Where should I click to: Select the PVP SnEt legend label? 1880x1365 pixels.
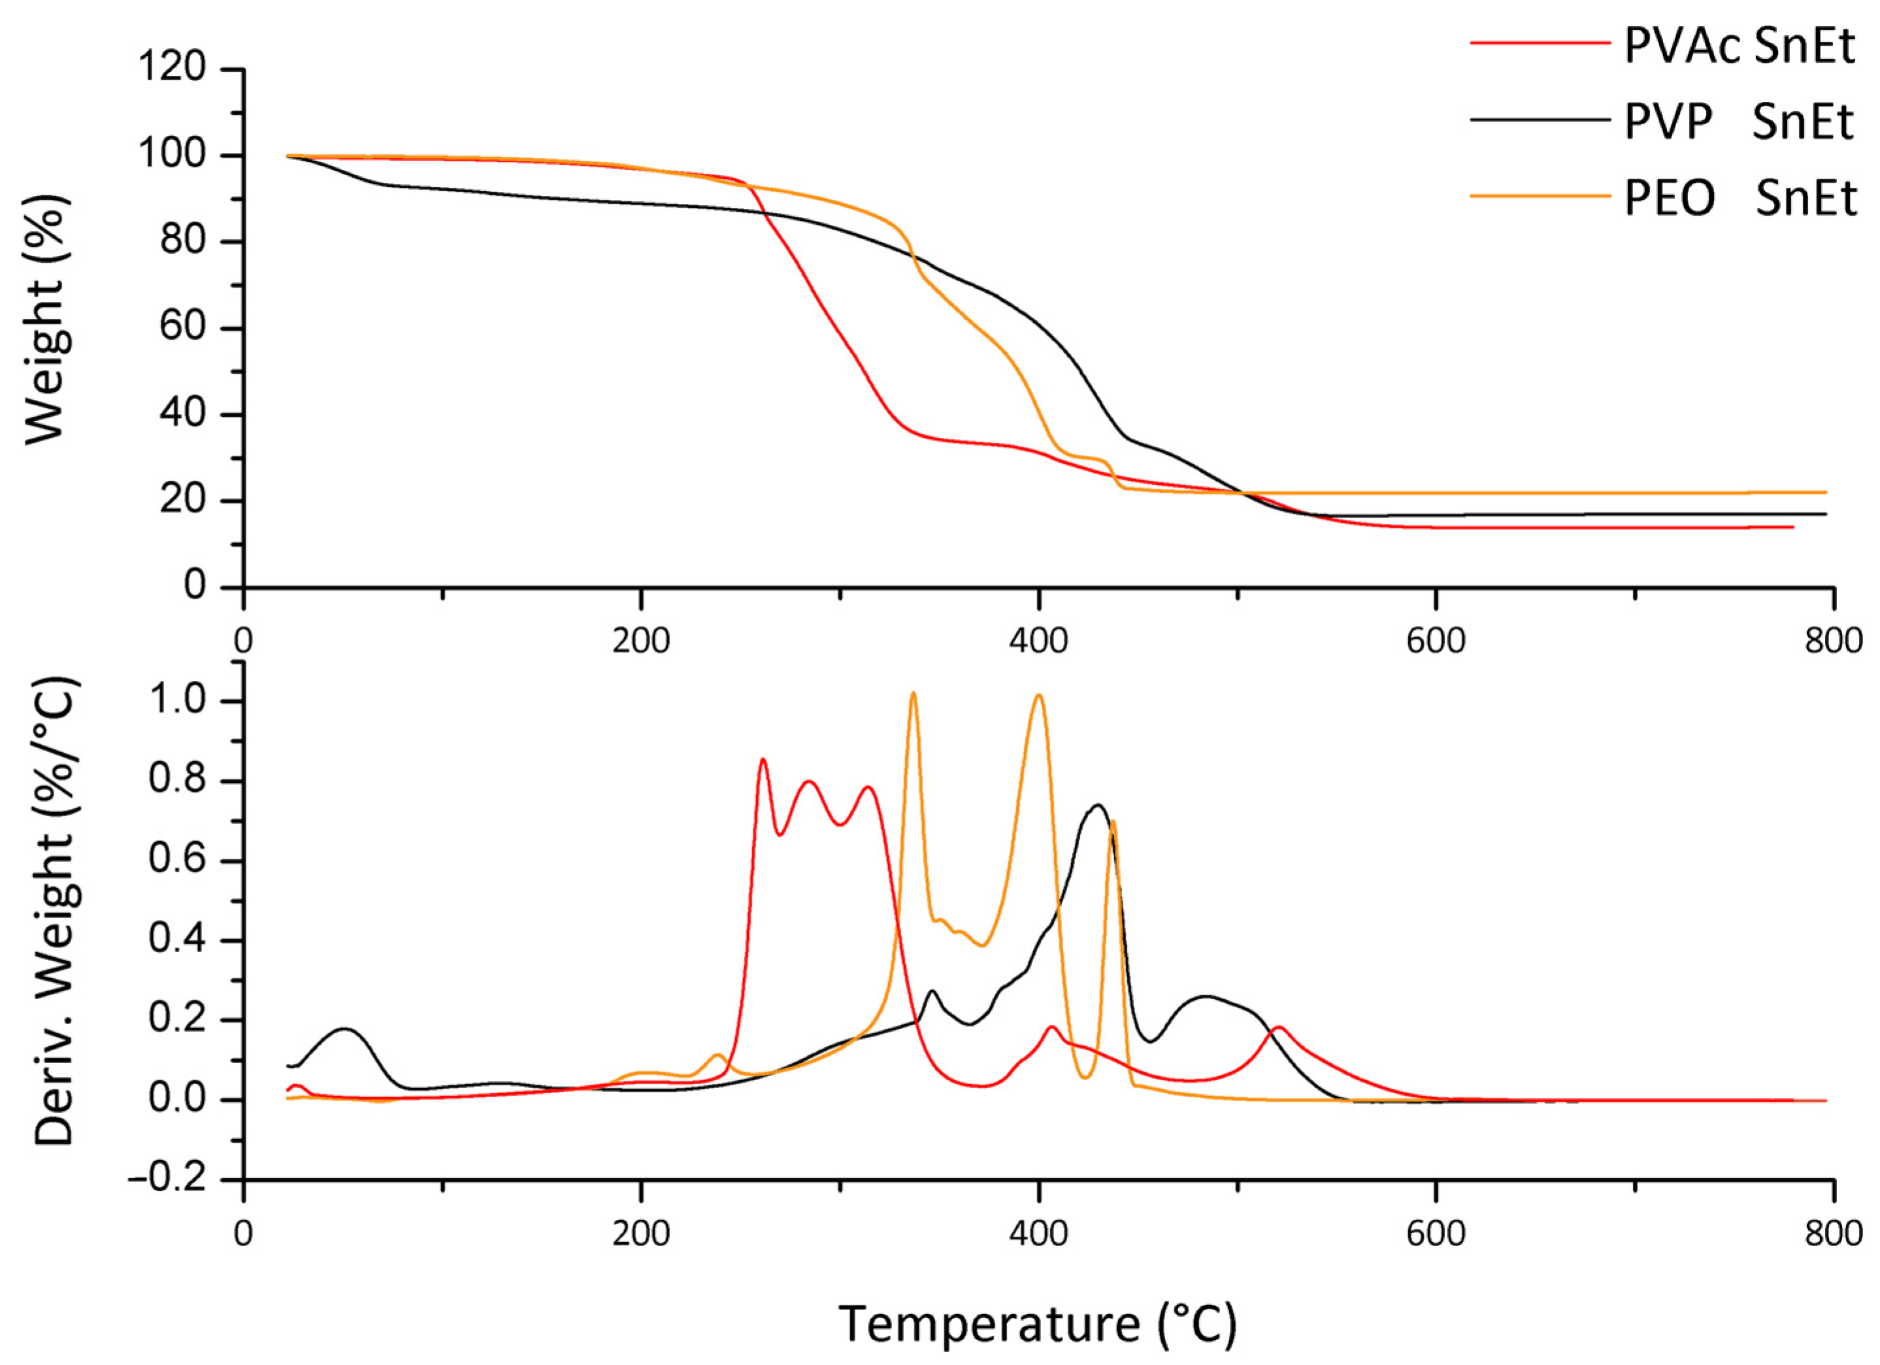1738,123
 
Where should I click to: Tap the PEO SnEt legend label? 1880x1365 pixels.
1738,199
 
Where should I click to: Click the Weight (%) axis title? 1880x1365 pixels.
46,319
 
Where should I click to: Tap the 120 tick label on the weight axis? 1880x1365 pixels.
172,68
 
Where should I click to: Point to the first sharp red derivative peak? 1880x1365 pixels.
763,759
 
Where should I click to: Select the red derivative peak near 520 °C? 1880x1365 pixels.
1279,1028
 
